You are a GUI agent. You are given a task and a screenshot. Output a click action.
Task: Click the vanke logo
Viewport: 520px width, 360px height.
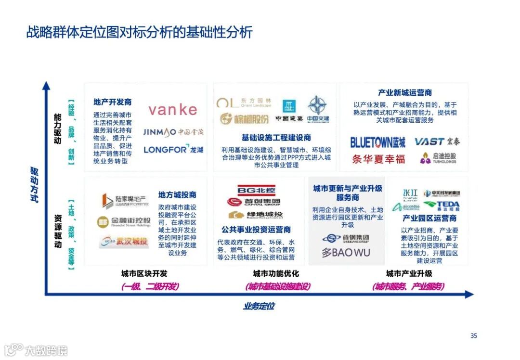[173, 110]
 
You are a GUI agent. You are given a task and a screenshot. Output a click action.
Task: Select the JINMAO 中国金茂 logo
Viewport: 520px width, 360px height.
[173, 132]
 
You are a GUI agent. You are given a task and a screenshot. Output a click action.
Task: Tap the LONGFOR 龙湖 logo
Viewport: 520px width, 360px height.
[173, 149]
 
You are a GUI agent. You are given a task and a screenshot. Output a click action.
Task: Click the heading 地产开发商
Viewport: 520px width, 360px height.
[112, 102]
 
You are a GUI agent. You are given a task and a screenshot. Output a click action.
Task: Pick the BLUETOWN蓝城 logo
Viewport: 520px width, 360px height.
[377, 142]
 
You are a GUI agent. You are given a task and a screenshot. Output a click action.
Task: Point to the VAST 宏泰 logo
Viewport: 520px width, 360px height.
[437, 141]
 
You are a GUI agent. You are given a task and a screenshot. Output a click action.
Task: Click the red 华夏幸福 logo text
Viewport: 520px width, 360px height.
[378, 159]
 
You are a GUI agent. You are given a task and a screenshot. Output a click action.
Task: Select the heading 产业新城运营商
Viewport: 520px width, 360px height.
[404, 93]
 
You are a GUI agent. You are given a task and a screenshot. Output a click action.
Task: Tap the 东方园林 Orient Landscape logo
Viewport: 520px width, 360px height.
[244, 103]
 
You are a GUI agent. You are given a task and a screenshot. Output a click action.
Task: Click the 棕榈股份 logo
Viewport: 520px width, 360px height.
[245, 119]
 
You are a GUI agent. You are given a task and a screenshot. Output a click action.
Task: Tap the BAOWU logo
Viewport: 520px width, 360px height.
[346, 252]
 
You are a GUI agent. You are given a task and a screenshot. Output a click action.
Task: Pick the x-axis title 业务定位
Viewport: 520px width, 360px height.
[259, 306]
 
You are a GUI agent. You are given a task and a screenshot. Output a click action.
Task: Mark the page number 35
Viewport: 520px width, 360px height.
[473, 335]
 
